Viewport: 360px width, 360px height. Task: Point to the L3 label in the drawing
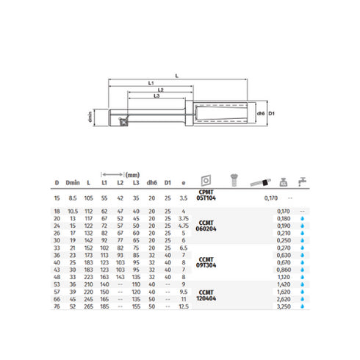[x=156, y=96]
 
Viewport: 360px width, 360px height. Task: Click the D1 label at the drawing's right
[x=271, y=113]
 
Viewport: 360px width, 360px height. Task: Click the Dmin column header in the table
[x=71, y=183]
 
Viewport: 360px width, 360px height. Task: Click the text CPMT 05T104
[x=208, y=198]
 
